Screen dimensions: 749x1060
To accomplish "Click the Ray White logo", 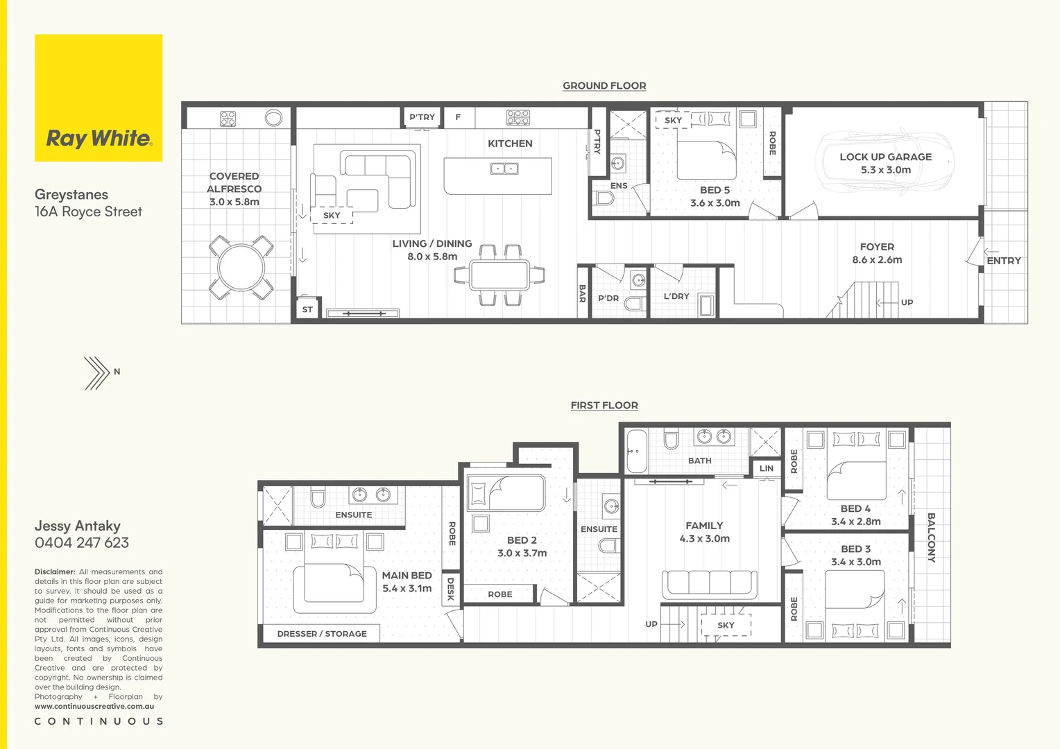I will [99, 138].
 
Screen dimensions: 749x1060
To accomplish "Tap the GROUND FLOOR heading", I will [604, 86].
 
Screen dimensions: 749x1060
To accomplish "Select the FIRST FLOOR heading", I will [604, 406].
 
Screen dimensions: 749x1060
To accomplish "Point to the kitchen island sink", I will [504, 169].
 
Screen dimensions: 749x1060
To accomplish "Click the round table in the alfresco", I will [241, 268].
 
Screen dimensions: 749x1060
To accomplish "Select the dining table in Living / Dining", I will [499, 275].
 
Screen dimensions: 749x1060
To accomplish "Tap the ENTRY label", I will [1003, 261].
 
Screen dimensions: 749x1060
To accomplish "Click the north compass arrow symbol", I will [97, 372].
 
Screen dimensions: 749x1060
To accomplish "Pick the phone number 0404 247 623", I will [82, 543].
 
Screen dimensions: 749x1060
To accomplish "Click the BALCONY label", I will [931, 537].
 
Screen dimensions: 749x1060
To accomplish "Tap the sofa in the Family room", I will [709, 584].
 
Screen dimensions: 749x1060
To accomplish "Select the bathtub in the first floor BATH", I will [635, 451].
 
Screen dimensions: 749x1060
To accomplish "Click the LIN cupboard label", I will [766, 469].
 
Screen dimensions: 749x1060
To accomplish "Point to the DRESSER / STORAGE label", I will [322, 634].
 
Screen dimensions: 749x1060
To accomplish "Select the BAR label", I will [582, 293].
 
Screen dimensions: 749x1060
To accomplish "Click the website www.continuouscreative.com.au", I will [94, 707].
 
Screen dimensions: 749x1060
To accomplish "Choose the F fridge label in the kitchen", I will [458, 117].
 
